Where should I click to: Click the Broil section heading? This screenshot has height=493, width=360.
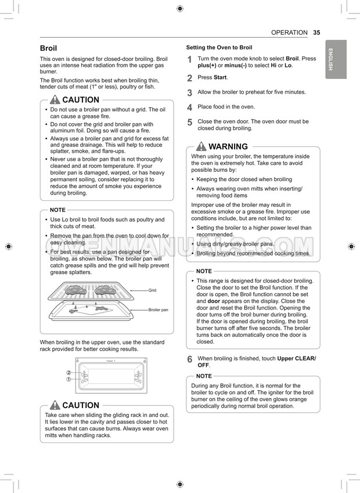point(48,48)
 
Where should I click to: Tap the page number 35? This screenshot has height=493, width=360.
point(316,33)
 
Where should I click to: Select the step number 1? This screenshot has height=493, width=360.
point(190,60)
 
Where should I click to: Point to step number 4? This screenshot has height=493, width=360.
point(190,107)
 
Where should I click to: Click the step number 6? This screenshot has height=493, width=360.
point(190,360)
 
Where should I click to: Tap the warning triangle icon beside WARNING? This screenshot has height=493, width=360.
point(201,146)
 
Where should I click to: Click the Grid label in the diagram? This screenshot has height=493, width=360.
point(152,290)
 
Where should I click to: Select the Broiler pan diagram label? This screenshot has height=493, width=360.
point(158,310)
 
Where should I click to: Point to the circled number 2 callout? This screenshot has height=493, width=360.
point(69,373)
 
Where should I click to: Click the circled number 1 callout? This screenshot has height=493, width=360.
point(69,379)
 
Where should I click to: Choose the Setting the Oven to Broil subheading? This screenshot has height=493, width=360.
point(219,48)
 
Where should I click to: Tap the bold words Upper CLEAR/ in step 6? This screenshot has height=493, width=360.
point(297,359)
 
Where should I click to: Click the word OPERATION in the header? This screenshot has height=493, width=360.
point(289,33)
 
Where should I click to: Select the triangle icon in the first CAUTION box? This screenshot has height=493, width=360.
point(55,100)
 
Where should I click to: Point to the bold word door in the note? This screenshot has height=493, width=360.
point(214,301)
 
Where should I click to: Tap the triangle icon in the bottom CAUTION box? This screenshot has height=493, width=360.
point(55,405)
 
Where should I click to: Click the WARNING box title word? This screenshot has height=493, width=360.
point(228,147)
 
